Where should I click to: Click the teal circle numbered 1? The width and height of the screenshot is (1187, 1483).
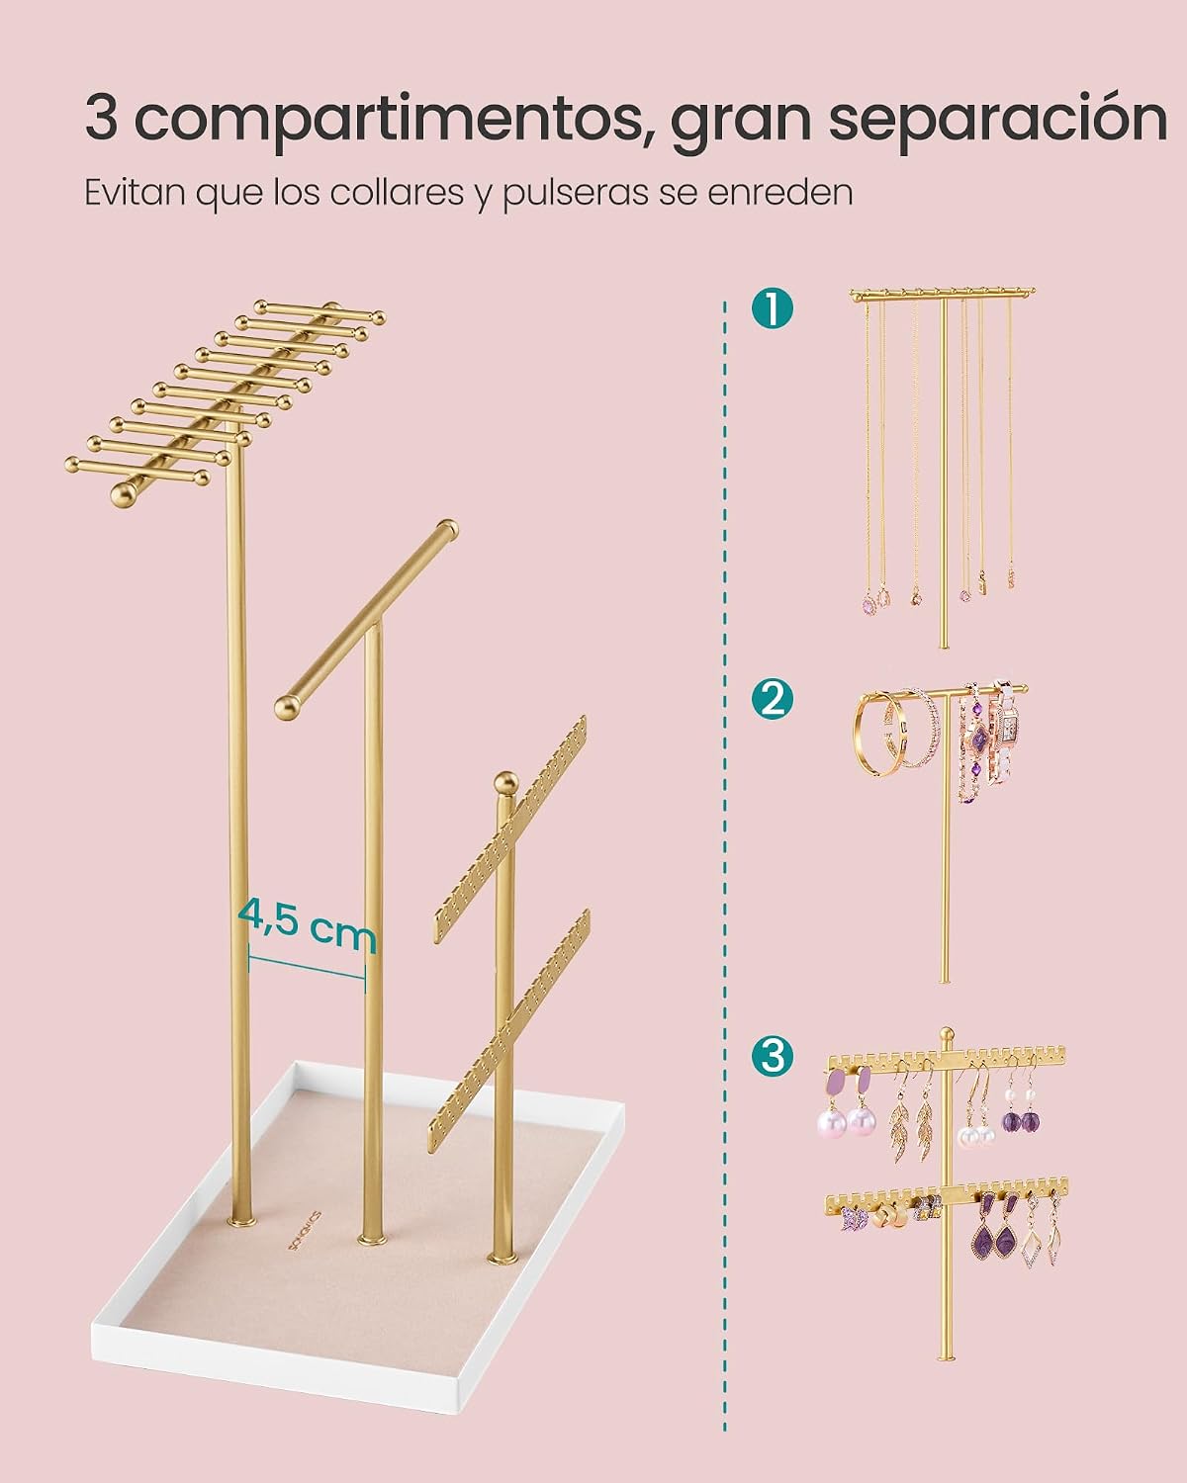coord(773,308)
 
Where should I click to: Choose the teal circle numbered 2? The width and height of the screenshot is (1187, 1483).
coord(773,699)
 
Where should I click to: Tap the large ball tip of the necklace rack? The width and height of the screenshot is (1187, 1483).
coord(126,494)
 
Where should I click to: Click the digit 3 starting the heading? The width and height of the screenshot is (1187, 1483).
coord(101,119)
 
